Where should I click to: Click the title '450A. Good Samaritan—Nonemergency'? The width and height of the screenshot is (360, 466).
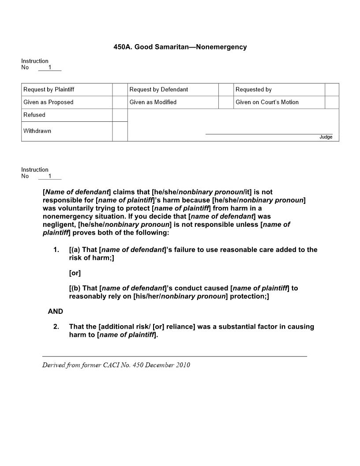180,47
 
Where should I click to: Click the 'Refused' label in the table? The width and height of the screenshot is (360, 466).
34,115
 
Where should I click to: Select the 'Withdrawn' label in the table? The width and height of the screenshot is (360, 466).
37,131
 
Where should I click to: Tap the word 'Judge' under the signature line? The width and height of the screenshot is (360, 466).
326,137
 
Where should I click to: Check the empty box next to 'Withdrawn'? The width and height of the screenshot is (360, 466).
120,132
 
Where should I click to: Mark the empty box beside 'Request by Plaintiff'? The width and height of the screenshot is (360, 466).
120,90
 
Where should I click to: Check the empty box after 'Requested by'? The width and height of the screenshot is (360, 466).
332,90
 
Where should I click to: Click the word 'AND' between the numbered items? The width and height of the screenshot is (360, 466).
56,312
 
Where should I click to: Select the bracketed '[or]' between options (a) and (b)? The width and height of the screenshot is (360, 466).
75,273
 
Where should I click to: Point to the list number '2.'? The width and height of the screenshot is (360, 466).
56,327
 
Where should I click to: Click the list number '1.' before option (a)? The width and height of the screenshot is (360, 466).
56,250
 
